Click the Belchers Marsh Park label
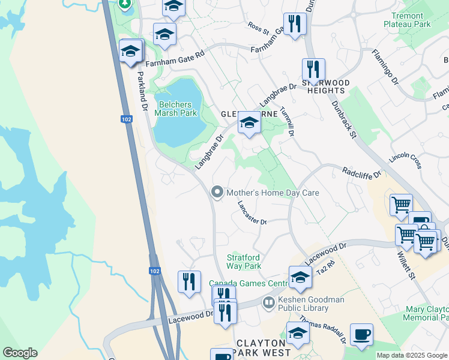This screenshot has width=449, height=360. (x=176, y=109)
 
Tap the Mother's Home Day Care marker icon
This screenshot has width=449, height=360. (x=217, y=193)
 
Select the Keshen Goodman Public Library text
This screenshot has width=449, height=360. (x=303, y=304)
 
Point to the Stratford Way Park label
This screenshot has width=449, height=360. (x=244, y=262)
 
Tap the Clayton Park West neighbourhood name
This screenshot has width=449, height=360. (x=264, y=348)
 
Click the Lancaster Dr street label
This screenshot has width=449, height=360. (x=252, y=213)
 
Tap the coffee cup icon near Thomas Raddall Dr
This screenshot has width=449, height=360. (x=361, y=334)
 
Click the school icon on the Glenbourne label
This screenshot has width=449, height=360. (x=249, y=122)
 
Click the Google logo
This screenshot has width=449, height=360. (x=20, y=353)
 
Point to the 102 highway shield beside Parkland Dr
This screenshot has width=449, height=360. (x=125, y=119)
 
